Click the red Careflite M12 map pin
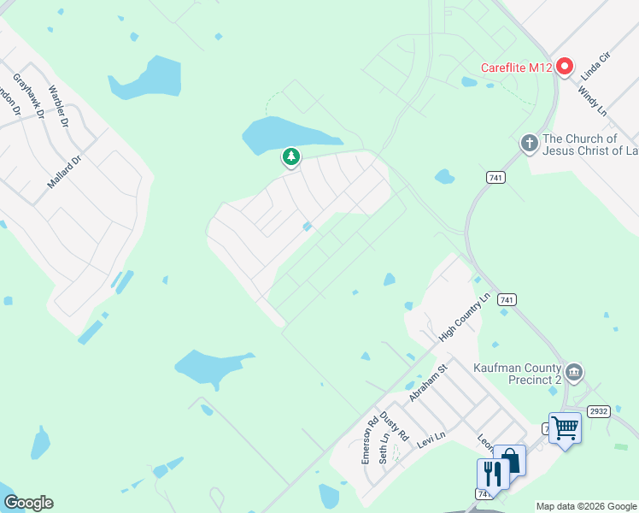tap(564, 67)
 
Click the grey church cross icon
tap(530, 143)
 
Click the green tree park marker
tap(291, 157)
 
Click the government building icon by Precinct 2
tap(575, 372)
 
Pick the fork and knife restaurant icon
tap(492, 473)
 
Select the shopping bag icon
tap(511, 461)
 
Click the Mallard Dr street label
tap(64, 171)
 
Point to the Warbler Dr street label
tap(58, 106)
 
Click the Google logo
tap(28, 503)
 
